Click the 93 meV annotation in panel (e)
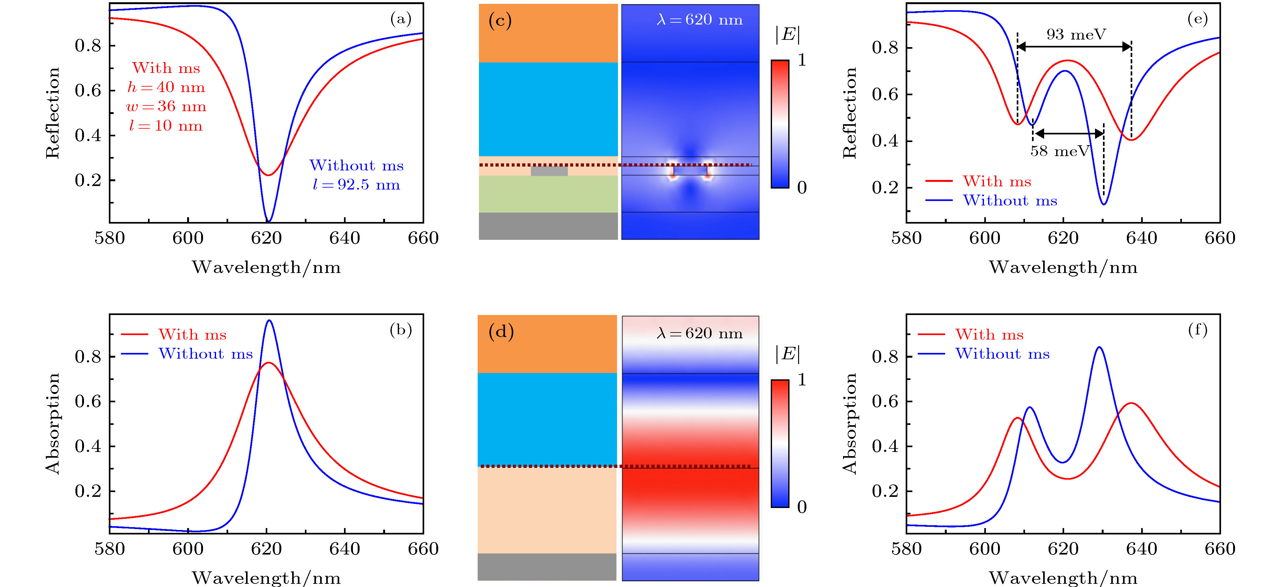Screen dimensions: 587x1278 pos(1076,34)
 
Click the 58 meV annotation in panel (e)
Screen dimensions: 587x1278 pos(1060,151)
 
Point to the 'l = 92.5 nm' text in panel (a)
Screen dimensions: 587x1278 pos(356,185)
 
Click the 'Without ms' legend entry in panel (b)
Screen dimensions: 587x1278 pos(205,354)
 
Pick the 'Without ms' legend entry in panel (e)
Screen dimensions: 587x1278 pos(1010,201)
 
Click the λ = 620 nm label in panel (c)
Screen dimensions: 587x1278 pos(699,20)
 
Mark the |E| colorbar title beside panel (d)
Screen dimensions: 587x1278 pos(787,354)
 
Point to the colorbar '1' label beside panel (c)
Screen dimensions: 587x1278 pos(802,60)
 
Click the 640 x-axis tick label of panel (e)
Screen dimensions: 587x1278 pos(1141,238)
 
